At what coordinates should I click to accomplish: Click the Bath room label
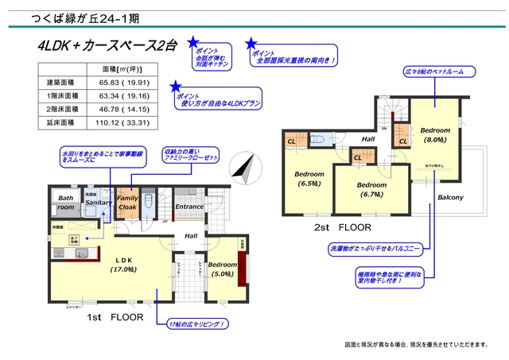point(65,203)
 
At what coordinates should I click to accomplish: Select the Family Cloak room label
point(127,202)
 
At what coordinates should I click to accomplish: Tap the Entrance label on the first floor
point(189,207)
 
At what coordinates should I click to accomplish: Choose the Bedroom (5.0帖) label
point(223,269)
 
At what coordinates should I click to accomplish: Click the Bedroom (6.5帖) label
point(309,179)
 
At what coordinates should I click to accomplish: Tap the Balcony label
point(449,197)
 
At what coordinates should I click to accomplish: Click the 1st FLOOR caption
point(115,315)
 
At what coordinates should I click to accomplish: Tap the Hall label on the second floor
point(368,139)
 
